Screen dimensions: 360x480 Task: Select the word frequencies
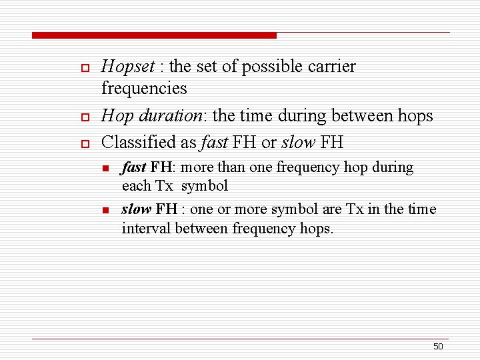[144, 88]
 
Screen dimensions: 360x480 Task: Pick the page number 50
[438, 346]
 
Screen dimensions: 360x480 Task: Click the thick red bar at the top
[154, 35]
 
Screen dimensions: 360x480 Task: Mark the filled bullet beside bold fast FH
[105, 168]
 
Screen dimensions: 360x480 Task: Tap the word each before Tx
[137, 186]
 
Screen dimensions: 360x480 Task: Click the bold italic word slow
[137, 209]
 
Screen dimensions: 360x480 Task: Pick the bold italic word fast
[134, 167]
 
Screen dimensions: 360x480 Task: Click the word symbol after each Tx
[205, 187]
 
